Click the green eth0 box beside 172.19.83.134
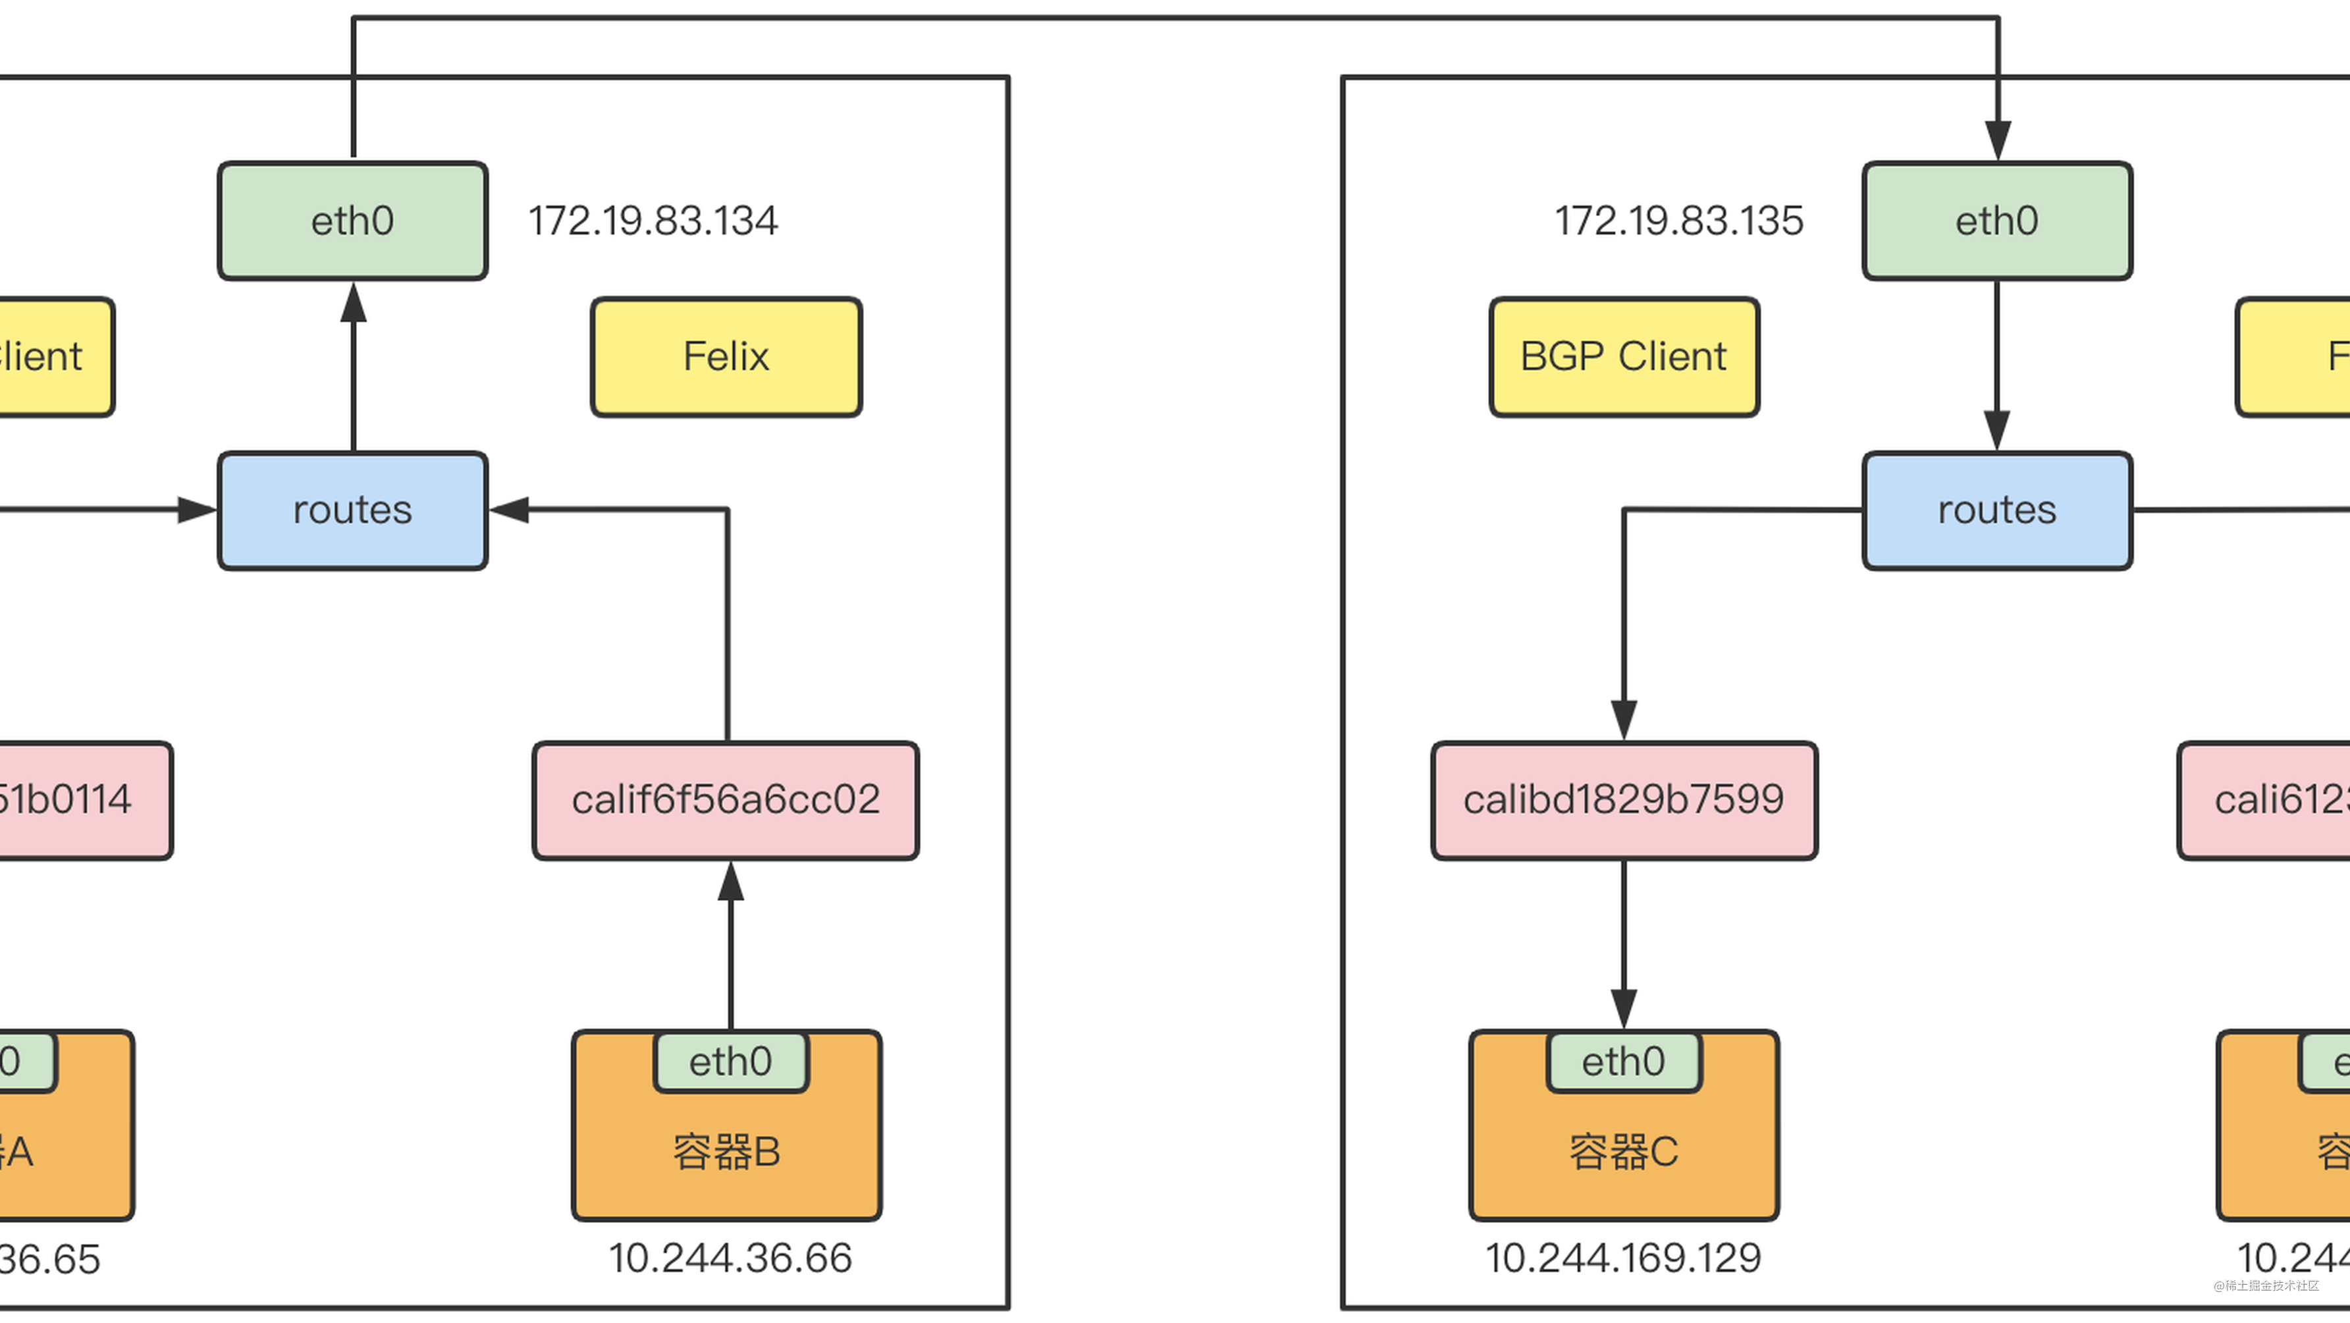pos(352,221)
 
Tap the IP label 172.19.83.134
pos(653,221)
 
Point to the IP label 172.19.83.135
pos(1678,221)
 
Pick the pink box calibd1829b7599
pos(1624,800)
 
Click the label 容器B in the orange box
pos(727,1152)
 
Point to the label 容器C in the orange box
pos(1624,1152)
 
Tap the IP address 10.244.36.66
pos(730,1258)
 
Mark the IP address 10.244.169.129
pos(1624,1258)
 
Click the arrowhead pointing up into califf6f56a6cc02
pos(731,880)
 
